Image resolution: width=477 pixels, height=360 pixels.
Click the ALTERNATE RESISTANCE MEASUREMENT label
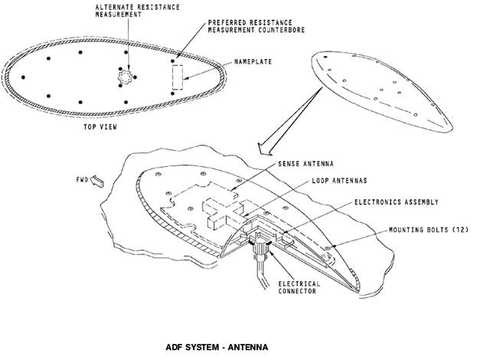click(x=138, y=11)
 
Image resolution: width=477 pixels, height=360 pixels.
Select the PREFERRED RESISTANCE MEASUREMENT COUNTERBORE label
click(x=256, y=27)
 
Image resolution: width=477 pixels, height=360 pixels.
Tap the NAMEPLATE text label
click(x=253, y=62)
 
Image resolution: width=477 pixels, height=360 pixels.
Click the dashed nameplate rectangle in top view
click(x=178, y=77)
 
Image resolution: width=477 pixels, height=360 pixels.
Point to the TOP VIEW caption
click(x=100, y=127)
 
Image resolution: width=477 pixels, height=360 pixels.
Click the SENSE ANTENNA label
click(x=305, y=164)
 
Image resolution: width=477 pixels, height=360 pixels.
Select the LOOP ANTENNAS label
click(x=339, y=181)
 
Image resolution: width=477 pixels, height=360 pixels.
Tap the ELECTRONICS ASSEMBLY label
click(x=397, y=202)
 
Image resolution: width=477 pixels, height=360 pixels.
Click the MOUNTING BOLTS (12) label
click(x=429, y=230)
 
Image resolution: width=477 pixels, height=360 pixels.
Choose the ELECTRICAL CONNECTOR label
click(x=299, y=287)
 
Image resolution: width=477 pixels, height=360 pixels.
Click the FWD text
click(x=82, y=180)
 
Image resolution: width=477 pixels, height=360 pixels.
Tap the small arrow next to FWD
click(x=97, y=182)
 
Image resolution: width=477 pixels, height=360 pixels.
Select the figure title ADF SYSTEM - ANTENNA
click(x=217, y=347)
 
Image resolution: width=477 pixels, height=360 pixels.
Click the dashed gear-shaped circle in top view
click(x=125, y=77)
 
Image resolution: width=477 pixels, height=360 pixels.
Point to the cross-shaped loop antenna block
click(x=223, y=213)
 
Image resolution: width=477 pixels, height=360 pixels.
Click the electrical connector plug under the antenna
click(x=260, y=250)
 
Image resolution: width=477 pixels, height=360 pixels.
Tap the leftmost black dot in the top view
click(x=23, y=77)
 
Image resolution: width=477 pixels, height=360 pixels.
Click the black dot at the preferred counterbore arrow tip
click(x=173, y=61)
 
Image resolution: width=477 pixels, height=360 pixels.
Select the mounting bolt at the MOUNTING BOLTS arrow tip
click(x=328, y=248)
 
